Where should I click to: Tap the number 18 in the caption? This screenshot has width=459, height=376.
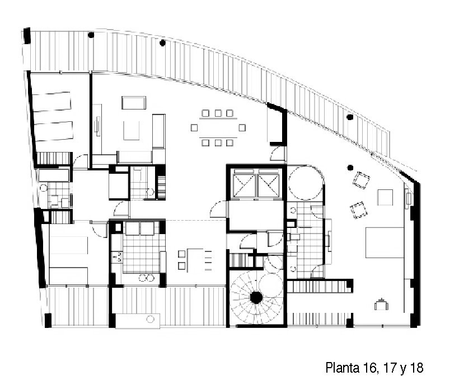click(416, 367)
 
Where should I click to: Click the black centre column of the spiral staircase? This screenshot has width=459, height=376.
click(256, 298)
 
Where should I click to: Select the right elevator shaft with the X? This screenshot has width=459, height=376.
click(269, 185)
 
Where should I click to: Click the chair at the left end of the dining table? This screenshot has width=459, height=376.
click(194, 128)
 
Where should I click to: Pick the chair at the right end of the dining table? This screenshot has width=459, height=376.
click(242, 128)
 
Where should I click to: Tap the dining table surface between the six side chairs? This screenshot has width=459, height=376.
click(218, 128)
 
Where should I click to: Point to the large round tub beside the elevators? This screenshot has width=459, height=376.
click(305, 183)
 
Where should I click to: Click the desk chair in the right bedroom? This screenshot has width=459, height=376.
click(381, 304)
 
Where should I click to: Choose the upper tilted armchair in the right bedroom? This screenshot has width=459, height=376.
click(361, 180)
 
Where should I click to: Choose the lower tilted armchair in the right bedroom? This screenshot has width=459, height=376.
click(359, 210)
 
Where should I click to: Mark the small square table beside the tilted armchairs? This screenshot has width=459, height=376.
click(385, 197)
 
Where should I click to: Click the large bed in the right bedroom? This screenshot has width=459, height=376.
click(385, 242)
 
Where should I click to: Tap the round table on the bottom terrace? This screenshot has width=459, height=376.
click(150, 319)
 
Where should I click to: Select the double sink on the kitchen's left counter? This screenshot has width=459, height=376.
click(119, 257)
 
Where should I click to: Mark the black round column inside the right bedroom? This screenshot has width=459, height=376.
click(350, 168)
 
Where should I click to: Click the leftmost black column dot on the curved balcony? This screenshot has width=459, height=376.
click(91, 35)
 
